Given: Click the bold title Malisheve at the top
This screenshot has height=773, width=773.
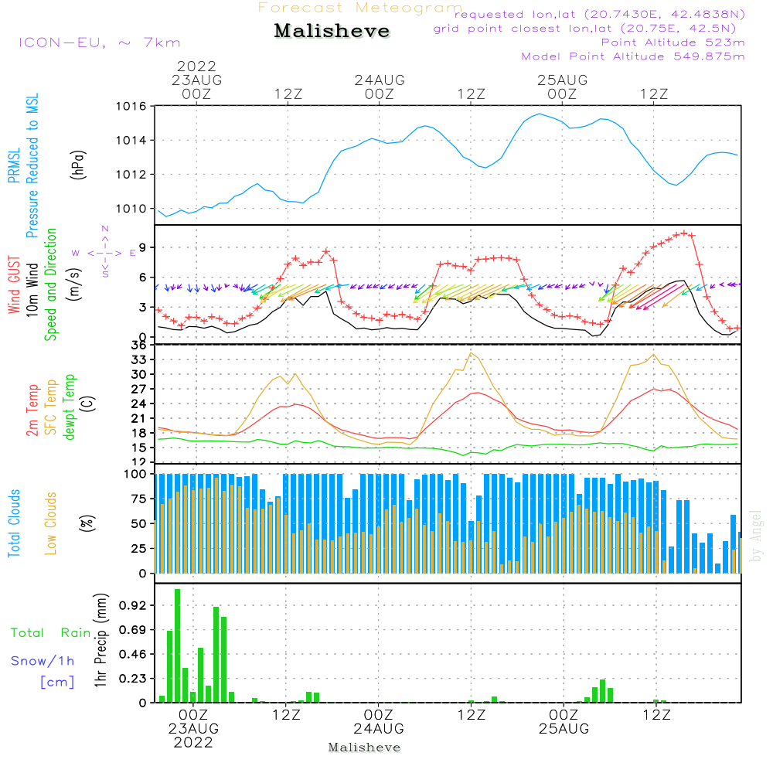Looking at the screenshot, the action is click(332, 31).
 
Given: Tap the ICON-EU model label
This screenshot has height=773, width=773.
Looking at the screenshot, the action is click(62, 43).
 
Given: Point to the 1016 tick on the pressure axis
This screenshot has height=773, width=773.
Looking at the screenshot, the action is click(131, 107).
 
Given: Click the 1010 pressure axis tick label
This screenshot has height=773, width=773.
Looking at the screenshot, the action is click(131, 209).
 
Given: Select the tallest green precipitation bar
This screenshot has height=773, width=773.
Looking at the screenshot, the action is click(178, 645).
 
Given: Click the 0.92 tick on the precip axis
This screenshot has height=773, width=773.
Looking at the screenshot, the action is click(132, 605).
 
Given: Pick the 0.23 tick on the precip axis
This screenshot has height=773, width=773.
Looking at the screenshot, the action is click(132, 679).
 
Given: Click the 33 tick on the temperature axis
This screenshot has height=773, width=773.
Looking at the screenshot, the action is click(139, 359).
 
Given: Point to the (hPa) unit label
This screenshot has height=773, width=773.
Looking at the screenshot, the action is click(78, 165).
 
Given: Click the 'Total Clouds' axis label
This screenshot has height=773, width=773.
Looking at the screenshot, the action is click(14, 523).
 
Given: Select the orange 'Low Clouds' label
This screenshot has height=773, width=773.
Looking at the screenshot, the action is click(51, 523).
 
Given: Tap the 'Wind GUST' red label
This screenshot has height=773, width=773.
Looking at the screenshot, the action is click(14, 284).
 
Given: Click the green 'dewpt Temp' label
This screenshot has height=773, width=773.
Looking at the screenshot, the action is click(69, 407).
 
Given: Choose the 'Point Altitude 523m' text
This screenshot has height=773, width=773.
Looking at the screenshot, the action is click(673, 43).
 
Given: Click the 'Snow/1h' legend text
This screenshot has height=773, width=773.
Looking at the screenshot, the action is click(43, 661).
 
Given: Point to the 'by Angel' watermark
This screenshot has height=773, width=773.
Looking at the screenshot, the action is click(756, 536).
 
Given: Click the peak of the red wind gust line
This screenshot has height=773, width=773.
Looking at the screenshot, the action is click(684, 233).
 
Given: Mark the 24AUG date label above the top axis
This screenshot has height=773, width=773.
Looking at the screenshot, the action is click(380, 80).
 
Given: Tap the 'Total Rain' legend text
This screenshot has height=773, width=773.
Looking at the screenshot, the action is click(51, 632).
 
